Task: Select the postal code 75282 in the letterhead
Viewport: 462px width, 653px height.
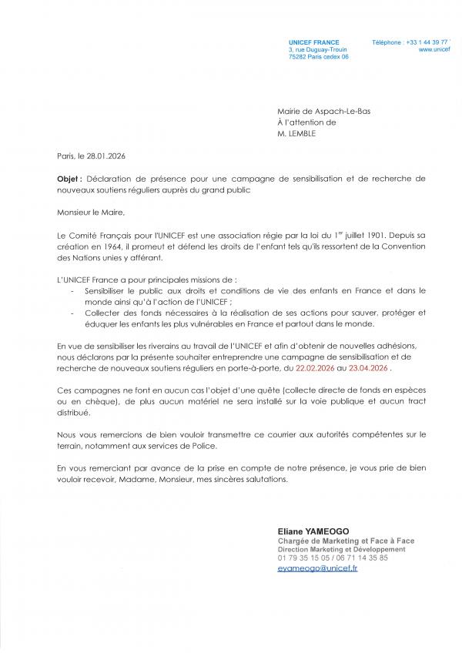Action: [296, 57]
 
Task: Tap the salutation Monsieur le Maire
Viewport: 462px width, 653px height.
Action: [90, 211]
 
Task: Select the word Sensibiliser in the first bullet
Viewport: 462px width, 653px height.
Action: [105, 292]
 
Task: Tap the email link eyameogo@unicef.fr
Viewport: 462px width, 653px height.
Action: [317, 568]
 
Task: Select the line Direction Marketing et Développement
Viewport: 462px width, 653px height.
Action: [340, 550]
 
